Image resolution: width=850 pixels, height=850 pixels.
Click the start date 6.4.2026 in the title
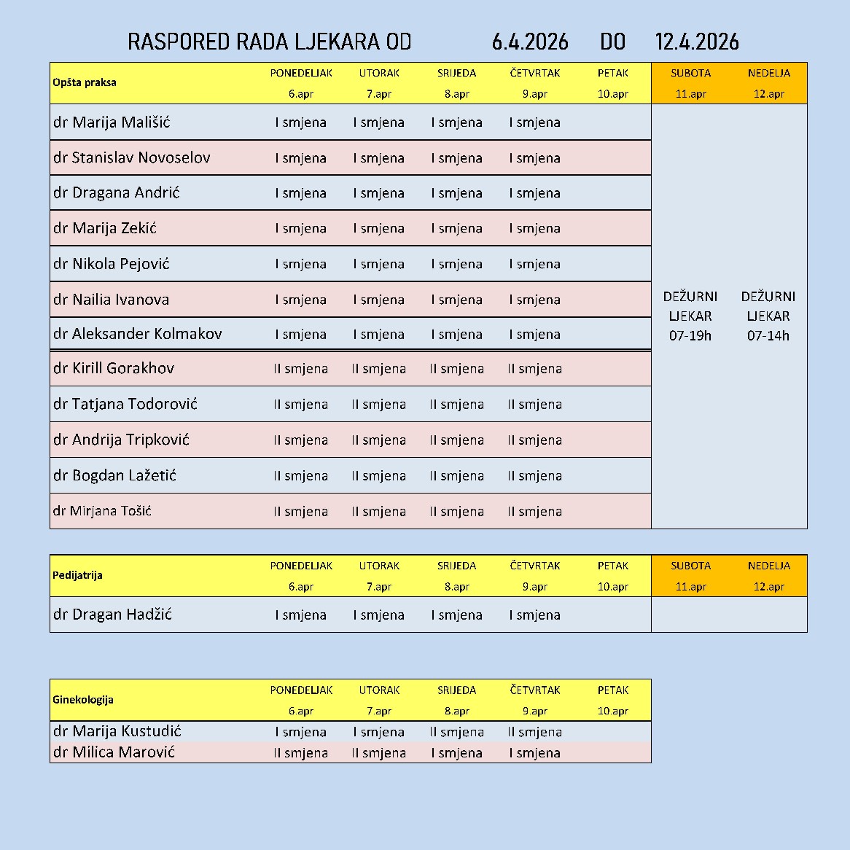click(x=530, y=42)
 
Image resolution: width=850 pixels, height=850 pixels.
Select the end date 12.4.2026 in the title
click(x=696, y=42)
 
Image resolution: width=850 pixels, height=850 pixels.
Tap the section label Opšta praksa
click(x=85, y=82)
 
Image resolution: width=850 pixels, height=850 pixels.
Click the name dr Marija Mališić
click(x=112, y=122)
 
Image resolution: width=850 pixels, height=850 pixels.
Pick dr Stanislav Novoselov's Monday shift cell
click(x=300, y=158)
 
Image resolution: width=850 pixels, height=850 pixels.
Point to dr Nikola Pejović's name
click(x=111, y=264)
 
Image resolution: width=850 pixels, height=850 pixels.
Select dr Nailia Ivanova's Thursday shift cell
click(x=534, y=300)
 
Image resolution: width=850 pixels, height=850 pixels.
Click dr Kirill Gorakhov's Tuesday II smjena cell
click(x=378, y=369)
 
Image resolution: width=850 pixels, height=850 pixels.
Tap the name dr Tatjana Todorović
click(x=125, y=404)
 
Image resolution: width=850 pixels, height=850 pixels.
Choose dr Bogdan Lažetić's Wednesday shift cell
click(x=456, y=476)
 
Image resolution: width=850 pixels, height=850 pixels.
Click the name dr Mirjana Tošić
click(x=102, y=511)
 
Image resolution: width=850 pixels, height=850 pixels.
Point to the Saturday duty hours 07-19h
click(x=690, y=336)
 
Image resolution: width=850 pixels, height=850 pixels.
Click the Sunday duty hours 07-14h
click(x=768, y=336)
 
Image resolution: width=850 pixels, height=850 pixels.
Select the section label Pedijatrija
click(x=77, y=575)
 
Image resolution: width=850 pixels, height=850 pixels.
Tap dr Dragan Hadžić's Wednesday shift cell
click(x=456, y=615)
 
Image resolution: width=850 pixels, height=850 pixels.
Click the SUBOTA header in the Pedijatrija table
click(x=690, y=566)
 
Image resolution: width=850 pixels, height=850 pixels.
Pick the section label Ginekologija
click(x=83, y=700)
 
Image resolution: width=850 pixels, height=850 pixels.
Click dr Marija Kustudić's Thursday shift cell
click(x=534, y=732)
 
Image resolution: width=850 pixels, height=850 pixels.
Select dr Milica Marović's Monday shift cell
click(x=300, y=753)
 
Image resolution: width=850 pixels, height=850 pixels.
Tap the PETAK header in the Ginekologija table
click(x=612, y=690)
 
